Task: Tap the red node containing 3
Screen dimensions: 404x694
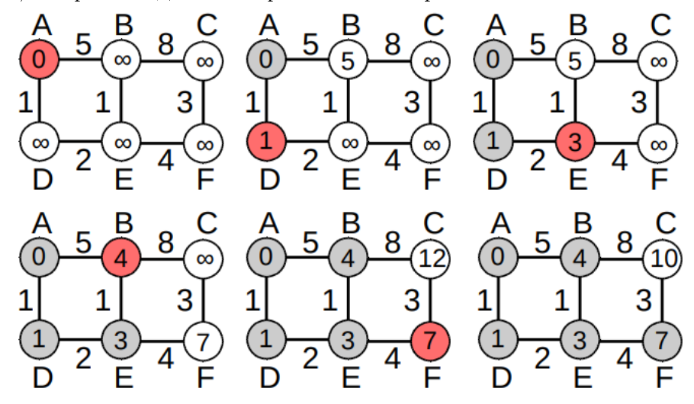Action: click(x=579, y=141)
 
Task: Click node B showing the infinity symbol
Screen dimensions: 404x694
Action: click(x=120, y=58)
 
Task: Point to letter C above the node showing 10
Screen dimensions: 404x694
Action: click(x=663, y=222)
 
